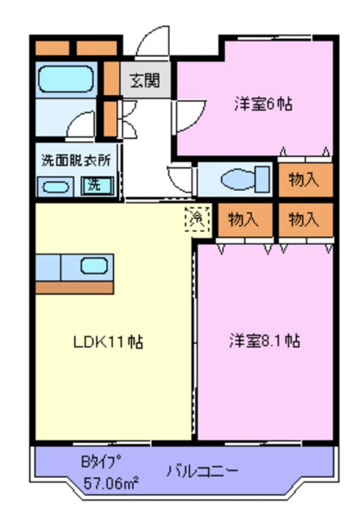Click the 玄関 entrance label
click(144, 80)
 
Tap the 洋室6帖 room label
click(263, 104)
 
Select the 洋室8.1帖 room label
click(264, 341)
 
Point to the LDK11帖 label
click(108, 343)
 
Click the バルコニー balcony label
click(201, 471)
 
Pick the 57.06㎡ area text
click(111, 483)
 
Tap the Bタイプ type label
click(101, 462)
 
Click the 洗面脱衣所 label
click(76, 160)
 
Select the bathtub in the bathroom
click(66, 79)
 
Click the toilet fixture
click(245, 179)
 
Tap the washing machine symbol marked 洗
click(98, 186)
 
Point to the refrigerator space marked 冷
click(198, 218)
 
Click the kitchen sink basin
click(94, 266)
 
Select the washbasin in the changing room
click(55, 187)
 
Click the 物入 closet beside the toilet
click(305, 180)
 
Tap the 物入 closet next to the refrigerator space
click(245, 220)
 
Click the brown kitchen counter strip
click(74, 287)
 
